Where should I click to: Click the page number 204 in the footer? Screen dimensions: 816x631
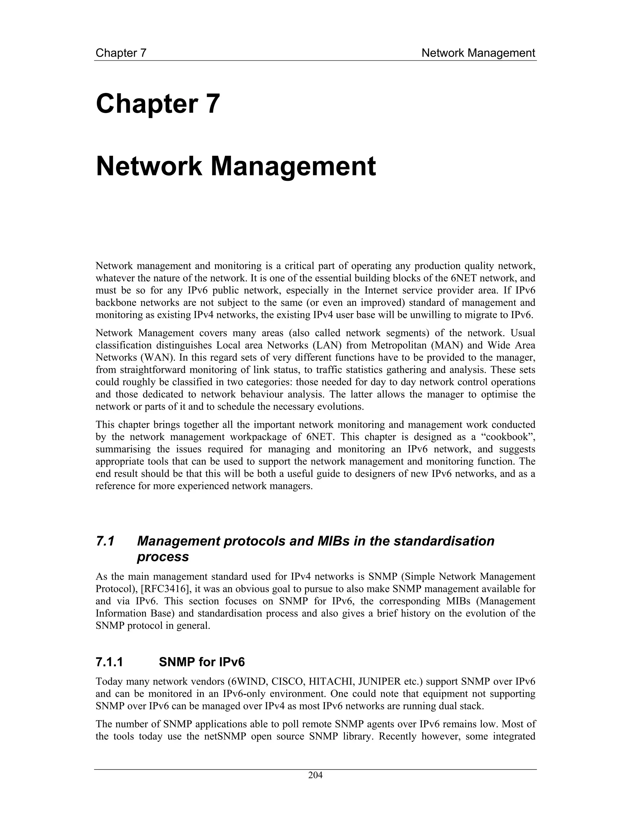point(315,775)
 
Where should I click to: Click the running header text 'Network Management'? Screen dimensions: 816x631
point(478,53)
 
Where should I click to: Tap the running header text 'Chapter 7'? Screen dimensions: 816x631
point(121,53)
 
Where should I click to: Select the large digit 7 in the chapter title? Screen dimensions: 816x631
point(212,104)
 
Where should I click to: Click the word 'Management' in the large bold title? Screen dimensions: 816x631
point(293,167)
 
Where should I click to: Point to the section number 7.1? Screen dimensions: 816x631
point(105,541)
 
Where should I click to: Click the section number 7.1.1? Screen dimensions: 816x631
point(109,662)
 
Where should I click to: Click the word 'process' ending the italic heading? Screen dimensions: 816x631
point(163,557)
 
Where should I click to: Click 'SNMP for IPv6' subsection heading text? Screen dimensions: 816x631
point(202,662)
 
